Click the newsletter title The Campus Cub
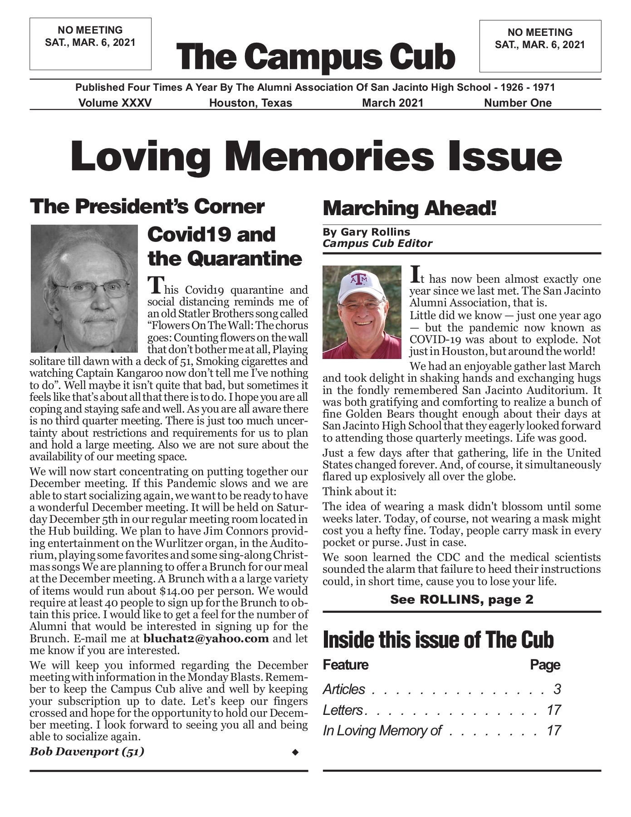pyautogui.click(x=315, y=57)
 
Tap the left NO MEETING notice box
pyautogui.click(x=90, y=44)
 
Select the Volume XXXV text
pyautogui.click(x=115, y=103)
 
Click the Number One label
pyautogui.click(x=518, y=103)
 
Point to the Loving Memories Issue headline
pyautogui.click(x=316, y=156)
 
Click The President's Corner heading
pyautogui.click(x=147, y=207)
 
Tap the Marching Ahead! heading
pyautogui.click(x=410, y=208)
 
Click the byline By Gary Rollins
pyautogui.click(x=366, y=232)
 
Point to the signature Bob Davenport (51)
pyautogui.click(x=87, y=751)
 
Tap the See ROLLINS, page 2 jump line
pyautogui.click(x=461, y=600)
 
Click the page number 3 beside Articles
pyautogui.click(x=557, y=689)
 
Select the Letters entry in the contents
pyautogui.click(x=343, y=710)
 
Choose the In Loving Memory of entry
pyautogui.click(x=382, y=730)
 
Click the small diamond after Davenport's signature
pyautogui.click(x=295, y=753)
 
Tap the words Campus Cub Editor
pyautogui.click(x=377, y=244)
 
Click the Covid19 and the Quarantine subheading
pyautogui.click(x=225, y=246)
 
